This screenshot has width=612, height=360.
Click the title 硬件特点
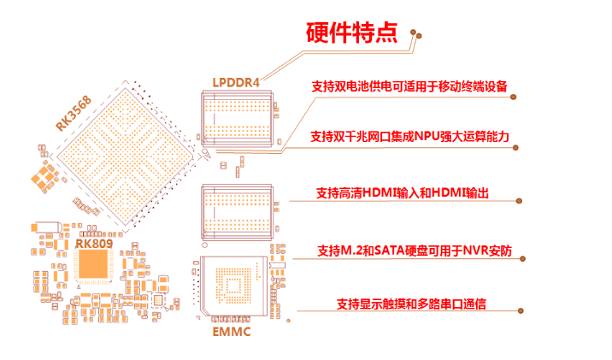(350, 32)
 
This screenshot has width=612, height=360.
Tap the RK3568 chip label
(75, 112)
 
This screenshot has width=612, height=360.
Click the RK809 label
(91, 243)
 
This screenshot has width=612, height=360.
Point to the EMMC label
(231, 331)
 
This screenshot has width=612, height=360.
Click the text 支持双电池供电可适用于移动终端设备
(409, 86)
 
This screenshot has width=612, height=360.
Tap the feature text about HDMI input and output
(402, 193)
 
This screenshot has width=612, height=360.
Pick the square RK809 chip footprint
(92, 268)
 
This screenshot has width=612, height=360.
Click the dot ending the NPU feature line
(521, 148)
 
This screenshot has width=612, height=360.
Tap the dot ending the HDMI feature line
(521, 202)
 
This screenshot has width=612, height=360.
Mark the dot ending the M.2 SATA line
(521, 260)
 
